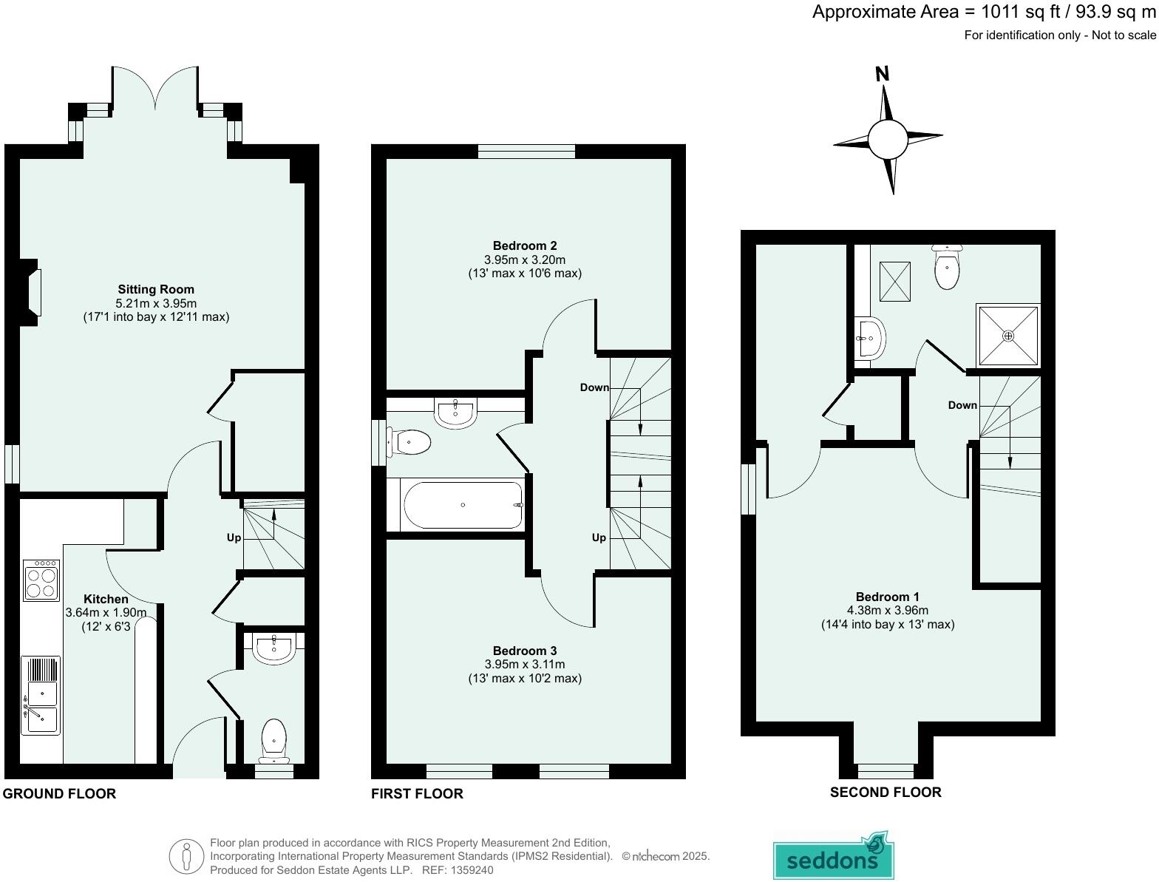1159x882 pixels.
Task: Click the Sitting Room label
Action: click(156, 289)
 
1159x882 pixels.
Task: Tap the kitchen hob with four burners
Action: click(41, 580)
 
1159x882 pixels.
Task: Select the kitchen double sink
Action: click(41, 696)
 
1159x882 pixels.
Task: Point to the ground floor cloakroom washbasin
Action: click(274, 648)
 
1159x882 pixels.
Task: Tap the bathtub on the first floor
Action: click(463, 505)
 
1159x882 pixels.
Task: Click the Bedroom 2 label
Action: click(525, 245)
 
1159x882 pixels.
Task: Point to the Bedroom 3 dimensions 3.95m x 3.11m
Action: click(525, 665)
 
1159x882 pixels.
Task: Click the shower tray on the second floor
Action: click(1009, 335)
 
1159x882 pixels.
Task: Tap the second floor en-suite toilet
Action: click(946, 268)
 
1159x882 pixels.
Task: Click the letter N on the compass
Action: click(882, 74)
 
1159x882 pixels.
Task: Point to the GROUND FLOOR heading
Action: click(60, 794)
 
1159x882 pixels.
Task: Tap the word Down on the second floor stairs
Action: click(962, 405)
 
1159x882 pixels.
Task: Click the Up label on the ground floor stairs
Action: click(234, 537)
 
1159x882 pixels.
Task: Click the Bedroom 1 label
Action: click(887, 597)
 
